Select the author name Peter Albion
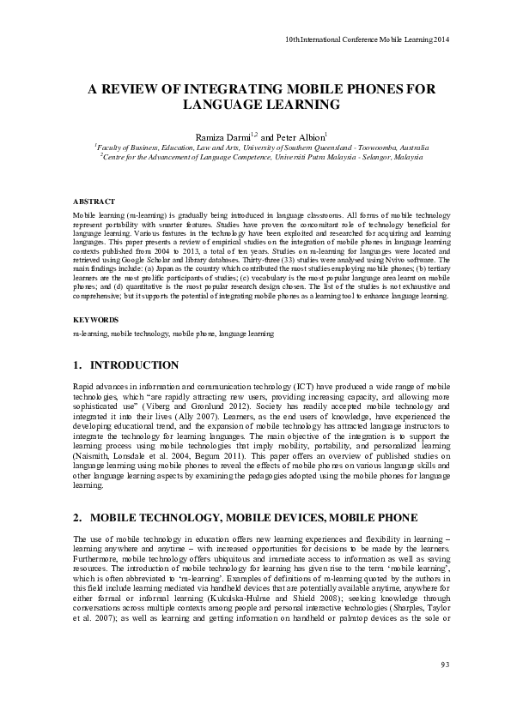tap(300, 136)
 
